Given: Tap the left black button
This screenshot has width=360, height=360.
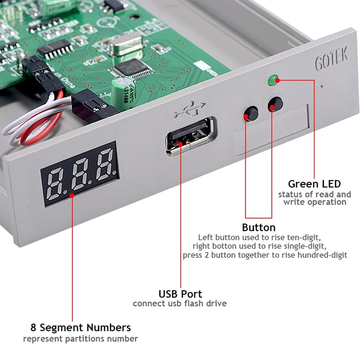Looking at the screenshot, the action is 251,113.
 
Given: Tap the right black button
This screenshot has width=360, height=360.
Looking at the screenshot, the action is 274,105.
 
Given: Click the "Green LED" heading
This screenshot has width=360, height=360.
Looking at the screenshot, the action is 314,184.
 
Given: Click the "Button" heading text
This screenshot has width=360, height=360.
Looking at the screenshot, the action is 259,227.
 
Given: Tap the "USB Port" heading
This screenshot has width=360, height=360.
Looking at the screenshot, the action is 180,294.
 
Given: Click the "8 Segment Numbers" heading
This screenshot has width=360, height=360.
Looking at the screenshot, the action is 81,327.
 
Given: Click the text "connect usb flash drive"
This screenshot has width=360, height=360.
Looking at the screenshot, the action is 180,304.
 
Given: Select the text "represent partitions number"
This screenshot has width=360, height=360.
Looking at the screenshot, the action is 81,338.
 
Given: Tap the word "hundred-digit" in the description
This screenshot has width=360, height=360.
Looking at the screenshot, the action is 323,255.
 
